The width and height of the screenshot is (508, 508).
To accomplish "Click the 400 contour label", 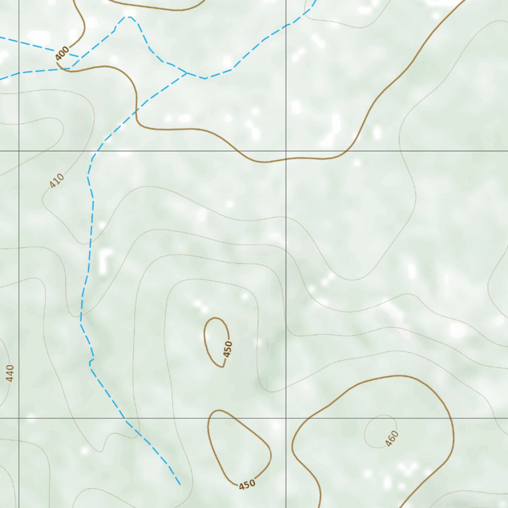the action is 63,54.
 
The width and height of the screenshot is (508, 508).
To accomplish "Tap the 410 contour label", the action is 57,181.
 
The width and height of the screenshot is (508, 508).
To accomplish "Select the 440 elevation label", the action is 10,373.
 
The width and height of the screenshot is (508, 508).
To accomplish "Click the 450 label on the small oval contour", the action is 228,349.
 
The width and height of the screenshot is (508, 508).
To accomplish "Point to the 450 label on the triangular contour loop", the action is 247,484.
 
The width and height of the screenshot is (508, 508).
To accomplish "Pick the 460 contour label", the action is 392,439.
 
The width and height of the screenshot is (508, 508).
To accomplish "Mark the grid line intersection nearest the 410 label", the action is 19,150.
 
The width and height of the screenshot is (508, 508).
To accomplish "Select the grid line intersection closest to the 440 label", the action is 19,418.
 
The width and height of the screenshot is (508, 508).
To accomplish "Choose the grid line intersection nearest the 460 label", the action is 286,418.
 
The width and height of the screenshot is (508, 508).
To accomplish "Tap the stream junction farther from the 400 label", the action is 186,73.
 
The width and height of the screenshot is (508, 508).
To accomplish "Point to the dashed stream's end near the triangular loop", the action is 179,484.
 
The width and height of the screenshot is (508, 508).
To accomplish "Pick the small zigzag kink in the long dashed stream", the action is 91,362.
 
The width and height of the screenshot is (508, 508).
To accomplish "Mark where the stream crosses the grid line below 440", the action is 124,418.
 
